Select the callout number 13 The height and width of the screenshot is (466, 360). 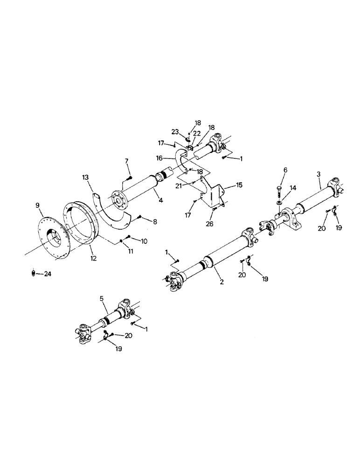pyautogui.click(x=85, y=178)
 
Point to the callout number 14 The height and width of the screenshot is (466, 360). pyautogui.click(x=293, y=187)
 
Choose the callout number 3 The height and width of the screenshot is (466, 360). pyautogui.click(x=318, y=173)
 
